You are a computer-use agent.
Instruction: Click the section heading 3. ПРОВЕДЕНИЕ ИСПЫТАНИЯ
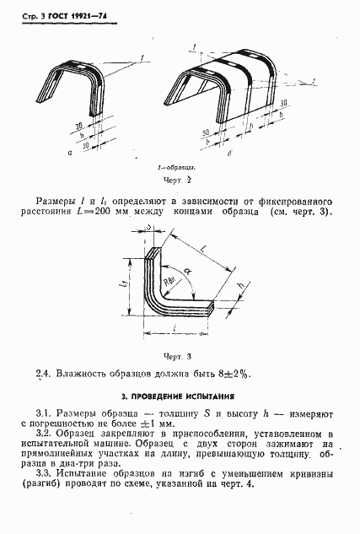[x=180, y=395]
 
